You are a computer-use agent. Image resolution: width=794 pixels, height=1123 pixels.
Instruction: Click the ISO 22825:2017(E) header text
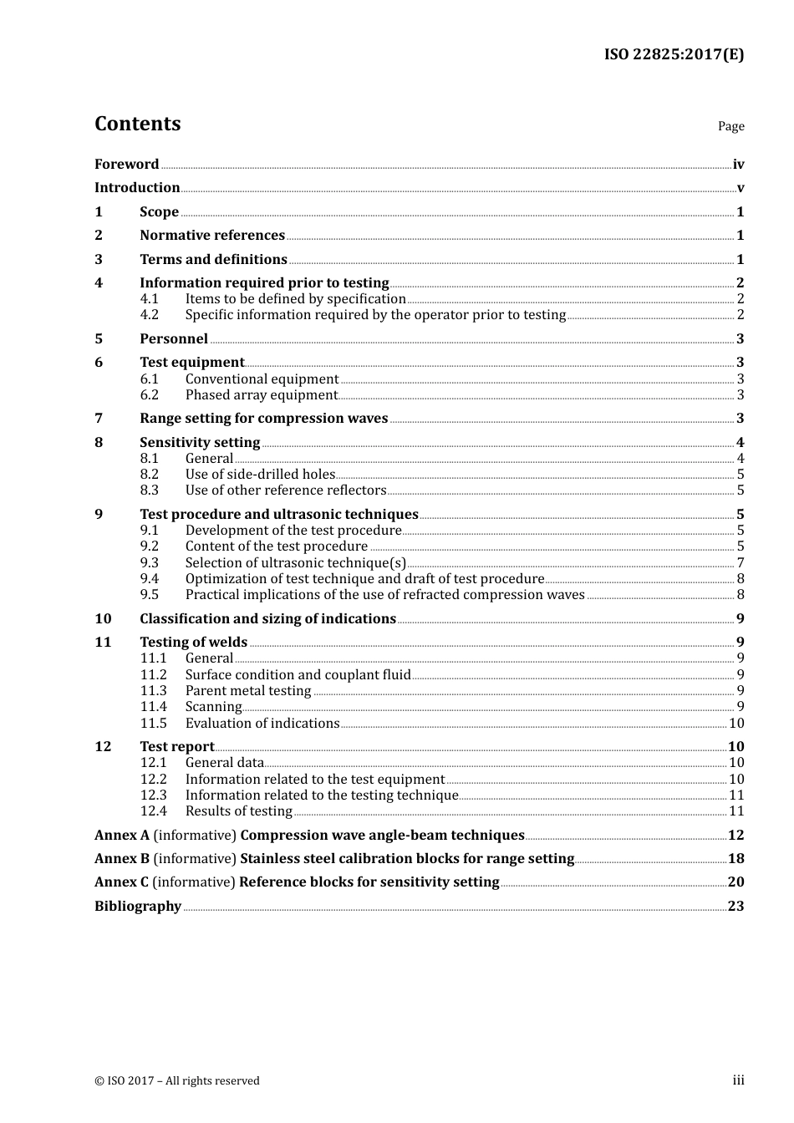pos(674,55)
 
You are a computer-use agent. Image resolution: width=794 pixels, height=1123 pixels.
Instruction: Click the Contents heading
pos(137,124)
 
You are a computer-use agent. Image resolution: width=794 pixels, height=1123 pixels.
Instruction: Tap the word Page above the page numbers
pos(730,126)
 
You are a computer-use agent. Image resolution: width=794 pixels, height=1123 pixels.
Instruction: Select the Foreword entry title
pos(126,165)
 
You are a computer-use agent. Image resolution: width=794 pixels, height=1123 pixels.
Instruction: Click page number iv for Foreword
pos(738,165)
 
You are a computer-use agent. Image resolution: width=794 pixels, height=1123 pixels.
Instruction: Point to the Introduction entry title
pos(137,188)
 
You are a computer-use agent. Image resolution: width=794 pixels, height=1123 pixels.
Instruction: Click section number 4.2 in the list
pos(150,315)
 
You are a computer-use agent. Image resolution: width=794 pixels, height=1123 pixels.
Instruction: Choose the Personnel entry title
pos(174,339)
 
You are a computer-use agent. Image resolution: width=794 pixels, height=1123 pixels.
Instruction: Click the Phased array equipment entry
pos(262,395)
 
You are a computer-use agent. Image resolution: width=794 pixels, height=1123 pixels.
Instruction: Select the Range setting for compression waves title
pos(263,419)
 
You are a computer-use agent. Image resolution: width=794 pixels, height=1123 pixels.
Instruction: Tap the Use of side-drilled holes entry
pos(260,475)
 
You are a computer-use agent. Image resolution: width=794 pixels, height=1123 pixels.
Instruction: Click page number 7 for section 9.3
pos(741,563)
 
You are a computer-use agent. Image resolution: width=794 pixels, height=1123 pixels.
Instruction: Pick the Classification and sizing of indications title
pos(267,619)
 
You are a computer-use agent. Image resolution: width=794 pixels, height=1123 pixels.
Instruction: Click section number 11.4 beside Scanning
pos(154,707)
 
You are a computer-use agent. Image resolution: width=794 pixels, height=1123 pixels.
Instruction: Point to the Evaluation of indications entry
pos(262,724)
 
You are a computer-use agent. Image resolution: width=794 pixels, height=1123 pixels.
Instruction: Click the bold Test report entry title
pos(176,747)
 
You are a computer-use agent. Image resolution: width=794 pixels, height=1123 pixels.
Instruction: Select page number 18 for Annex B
pos(735,859)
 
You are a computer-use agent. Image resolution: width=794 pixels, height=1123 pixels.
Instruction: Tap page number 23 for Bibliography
pos(735,907)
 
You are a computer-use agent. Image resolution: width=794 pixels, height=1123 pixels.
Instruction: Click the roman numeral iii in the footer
pos(738,1080)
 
